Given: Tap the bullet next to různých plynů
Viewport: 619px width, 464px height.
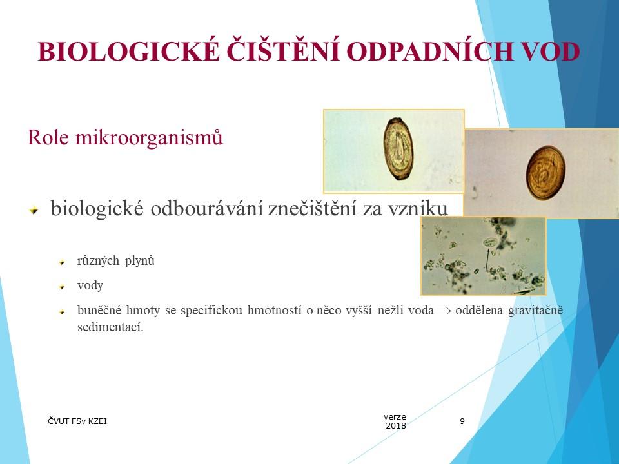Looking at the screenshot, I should tap(63, 263).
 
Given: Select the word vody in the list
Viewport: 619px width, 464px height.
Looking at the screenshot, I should tap(90, 285).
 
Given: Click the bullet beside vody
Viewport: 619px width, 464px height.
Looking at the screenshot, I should tap(63, 286).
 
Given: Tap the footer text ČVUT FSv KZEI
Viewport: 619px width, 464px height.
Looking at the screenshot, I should tap(78, 421).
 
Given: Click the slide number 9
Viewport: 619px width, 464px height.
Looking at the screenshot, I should tap(462, 421).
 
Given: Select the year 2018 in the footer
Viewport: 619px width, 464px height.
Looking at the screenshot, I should tap(396, 426).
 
